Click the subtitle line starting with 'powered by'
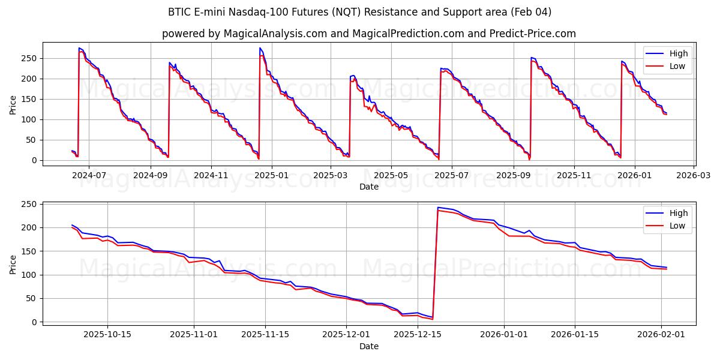pyautogui.click(x=368, y=34)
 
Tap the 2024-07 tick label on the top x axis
pyautogui.click(x=89, y=175)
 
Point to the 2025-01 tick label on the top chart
pyautogui.click(x=271, y=175)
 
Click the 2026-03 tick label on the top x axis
pyautogui.click(x=694, y=175)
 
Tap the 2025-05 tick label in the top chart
pyautogui.click(x=391, y=175)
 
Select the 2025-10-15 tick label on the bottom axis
pyautogui.click(x=107, y=335)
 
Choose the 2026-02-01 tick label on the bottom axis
pyautogui.click(x=661, y=335)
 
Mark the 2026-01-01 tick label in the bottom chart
pyautogui.click(x=504, y=335)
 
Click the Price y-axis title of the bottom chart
pyautogui.click(x=13, y=263)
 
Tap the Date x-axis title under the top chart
pyautogui.click(x=368, y=187)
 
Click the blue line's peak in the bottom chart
pyautogui.click(x=438, y=208)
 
